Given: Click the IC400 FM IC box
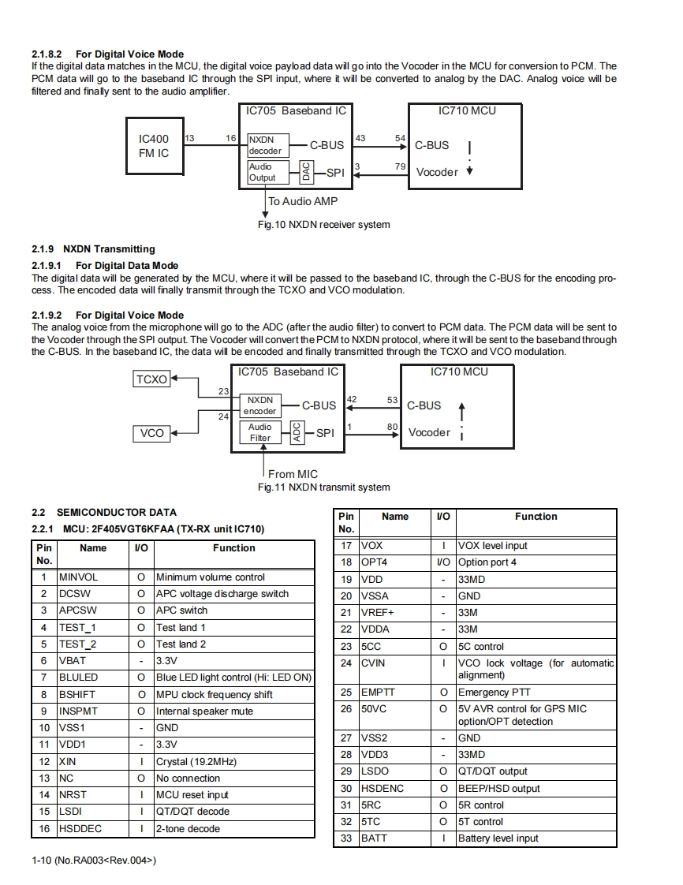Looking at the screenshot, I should tap(154, 146).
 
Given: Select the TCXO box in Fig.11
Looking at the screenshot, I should tap(151, 379).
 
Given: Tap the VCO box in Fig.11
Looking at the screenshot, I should tap(151, 433).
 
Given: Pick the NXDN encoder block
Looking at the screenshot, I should tap(259, 405).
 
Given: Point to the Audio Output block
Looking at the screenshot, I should tap(263, 172).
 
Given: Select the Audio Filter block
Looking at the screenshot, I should tap(259, 432).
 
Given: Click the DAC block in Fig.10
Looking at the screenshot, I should tap(306, 172).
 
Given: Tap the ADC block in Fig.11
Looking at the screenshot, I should tap(297, 432).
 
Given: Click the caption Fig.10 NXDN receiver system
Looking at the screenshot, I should tap(323, 225).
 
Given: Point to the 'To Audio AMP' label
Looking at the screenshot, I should tap(303, 201).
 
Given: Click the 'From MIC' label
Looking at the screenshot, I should tap(293, 474).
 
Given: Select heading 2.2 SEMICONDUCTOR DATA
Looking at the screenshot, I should tap(103, 513).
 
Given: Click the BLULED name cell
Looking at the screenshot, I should tap(92, 678).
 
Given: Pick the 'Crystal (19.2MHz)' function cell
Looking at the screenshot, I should tap(234, 762).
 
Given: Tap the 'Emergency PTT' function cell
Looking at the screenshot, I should tap(536, 693).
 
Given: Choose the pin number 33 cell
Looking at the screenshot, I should tap(345, 838).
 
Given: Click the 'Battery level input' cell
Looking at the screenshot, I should tap(536, 838).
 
